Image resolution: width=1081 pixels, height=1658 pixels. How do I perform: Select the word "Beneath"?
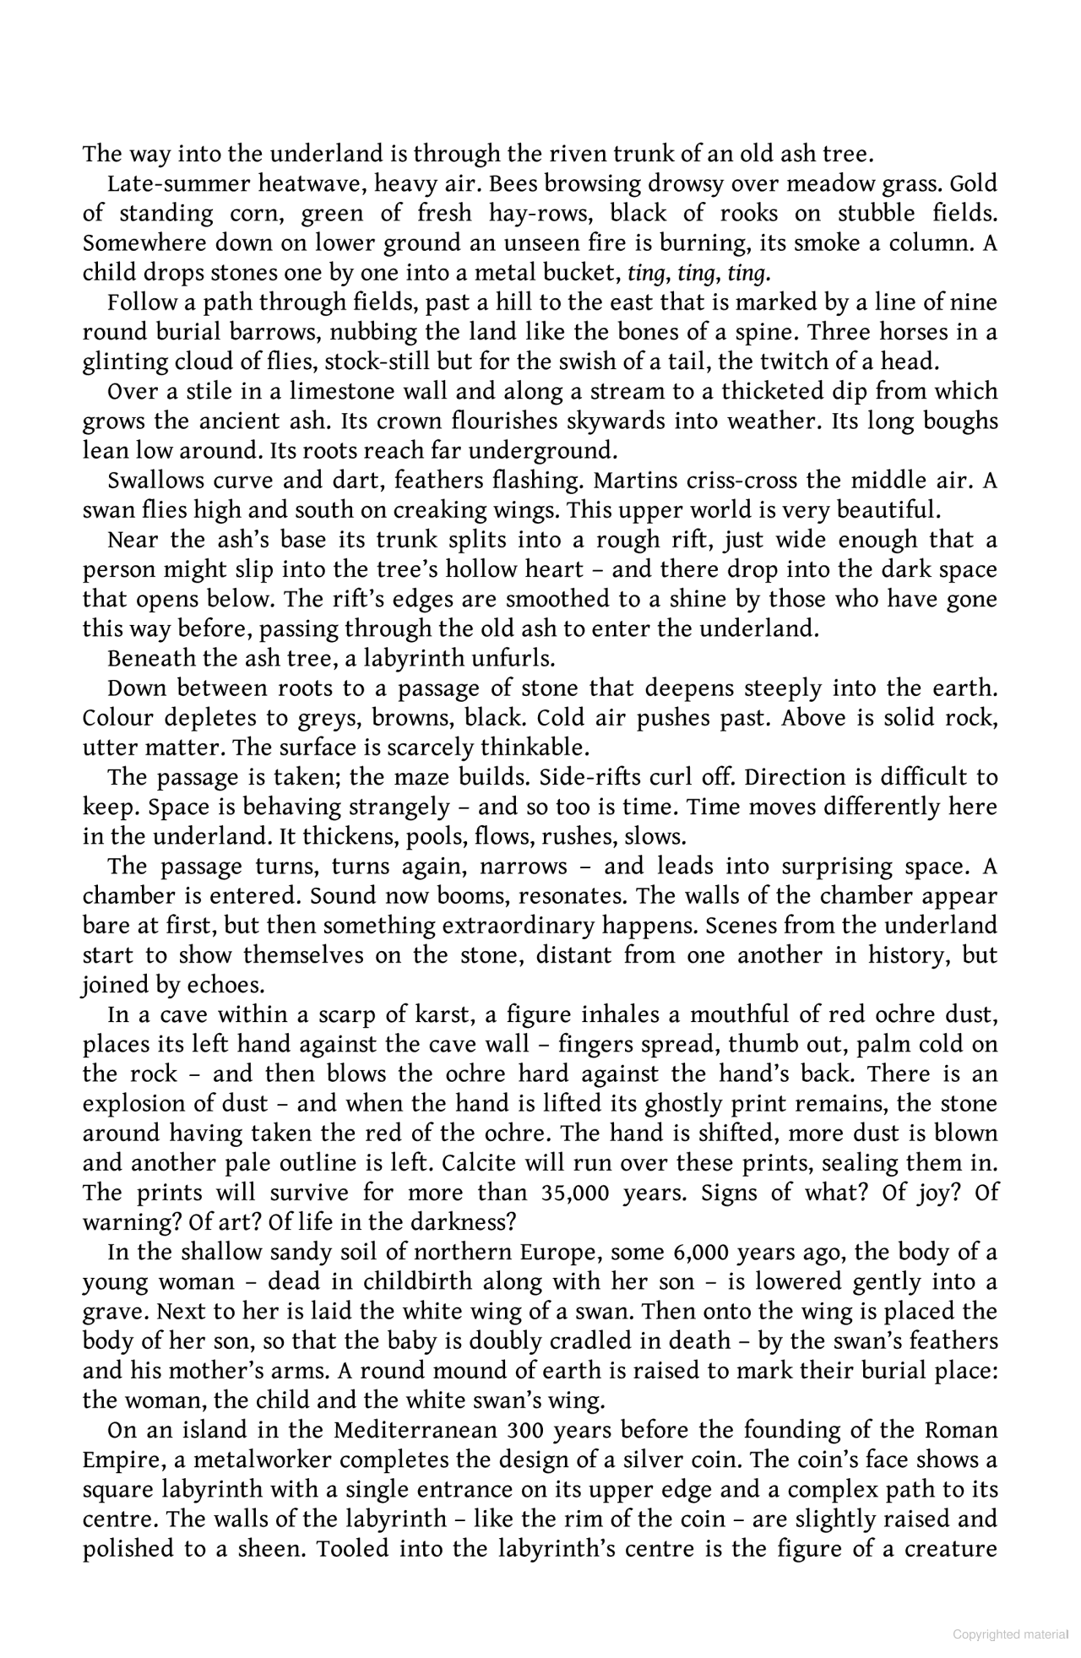coord(147,658)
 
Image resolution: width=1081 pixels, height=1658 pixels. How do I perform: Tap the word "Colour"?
coord(117,717)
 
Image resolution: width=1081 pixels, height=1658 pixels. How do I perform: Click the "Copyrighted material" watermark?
coord(1010,1634)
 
